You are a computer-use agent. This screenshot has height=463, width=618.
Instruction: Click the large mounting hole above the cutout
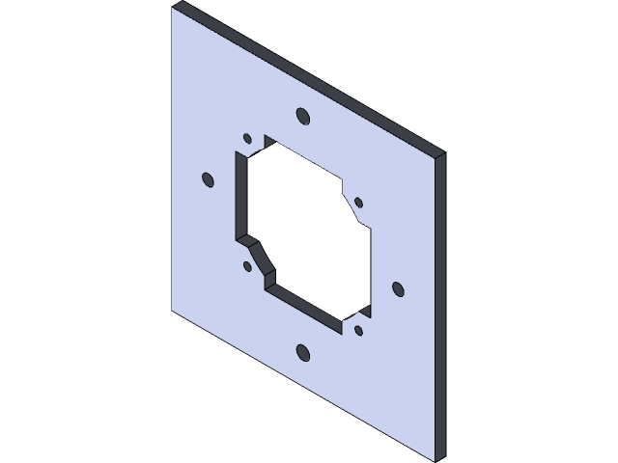pos(302,117)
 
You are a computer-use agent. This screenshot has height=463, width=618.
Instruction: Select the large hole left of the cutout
pos(207,178)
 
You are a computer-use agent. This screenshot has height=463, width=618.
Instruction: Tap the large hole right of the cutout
pos(397,287)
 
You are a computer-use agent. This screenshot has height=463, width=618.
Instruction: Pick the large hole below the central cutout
pos(302,351)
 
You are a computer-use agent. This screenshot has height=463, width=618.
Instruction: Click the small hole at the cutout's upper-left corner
pos(247,137)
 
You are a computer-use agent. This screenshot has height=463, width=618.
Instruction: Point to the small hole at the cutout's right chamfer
pos(358,202)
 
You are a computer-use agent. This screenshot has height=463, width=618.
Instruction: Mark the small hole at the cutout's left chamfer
pos(247,266)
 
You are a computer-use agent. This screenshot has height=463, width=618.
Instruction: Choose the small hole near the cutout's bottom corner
pos(358,330)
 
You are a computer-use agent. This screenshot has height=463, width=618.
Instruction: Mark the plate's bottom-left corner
pos(173,311)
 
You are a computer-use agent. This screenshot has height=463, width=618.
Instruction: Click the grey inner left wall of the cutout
pos(239,193)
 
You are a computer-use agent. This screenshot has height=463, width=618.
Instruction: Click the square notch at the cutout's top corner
pos(263,142)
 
